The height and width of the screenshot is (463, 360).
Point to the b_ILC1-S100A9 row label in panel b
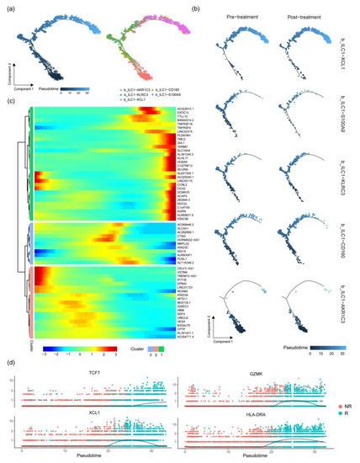pyautogui.click(x=348, y=118)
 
